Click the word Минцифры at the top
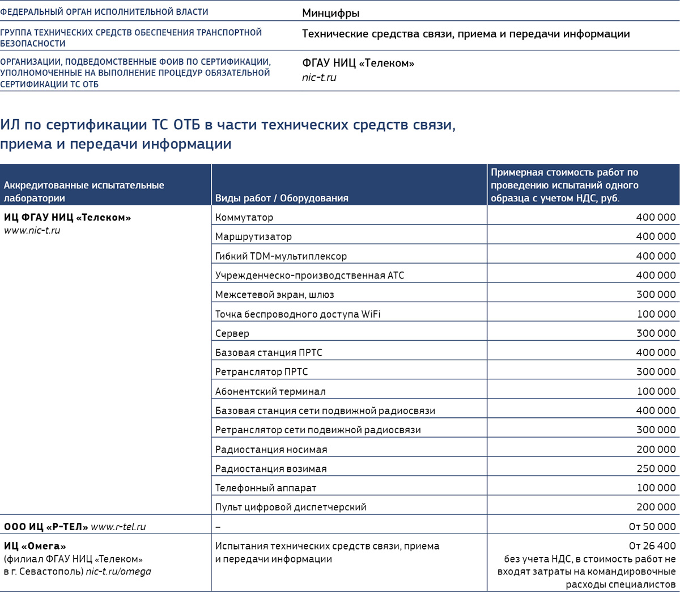pyautogui.click(x=330, y=13)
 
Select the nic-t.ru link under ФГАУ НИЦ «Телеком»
pyautogui.click(x=319, y=78)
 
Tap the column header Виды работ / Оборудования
pyautogui.click(x=282, y=198)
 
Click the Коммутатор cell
pyautogui.click(x=244, y=217)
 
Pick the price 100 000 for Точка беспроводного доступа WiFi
pyautogui.click(x=656, y=314)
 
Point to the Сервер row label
pyautogui.click(x=232, y=333)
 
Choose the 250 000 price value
pyautogui.click(x=656, y=469)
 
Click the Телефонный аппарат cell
pyautogui.click(x=266, y=488)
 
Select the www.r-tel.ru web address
pyautogui.click(x=118, y=527)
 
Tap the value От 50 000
pyautogui.click(x=652, y=527)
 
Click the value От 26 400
pyautogui.click(x=652, y=546)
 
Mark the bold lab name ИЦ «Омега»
pyautogui.click(x=35, y=546)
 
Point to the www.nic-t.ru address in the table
pyautogui.click(x=32, y=231)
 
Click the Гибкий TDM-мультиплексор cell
pyautogui.click(x=281, y=256)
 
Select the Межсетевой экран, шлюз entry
pyautogui.click(x=275, y=295)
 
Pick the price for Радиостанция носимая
pyautogui.click(x=656, y=450)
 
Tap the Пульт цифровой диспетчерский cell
pyautogui.click(x=291, y=508)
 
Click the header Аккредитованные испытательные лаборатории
pyautogui.click(x=84, y=192)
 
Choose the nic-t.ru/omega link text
pyautogui.click(x=118, y=572)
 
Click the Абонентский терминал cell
pyautogui.click(x=270, y=392)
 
